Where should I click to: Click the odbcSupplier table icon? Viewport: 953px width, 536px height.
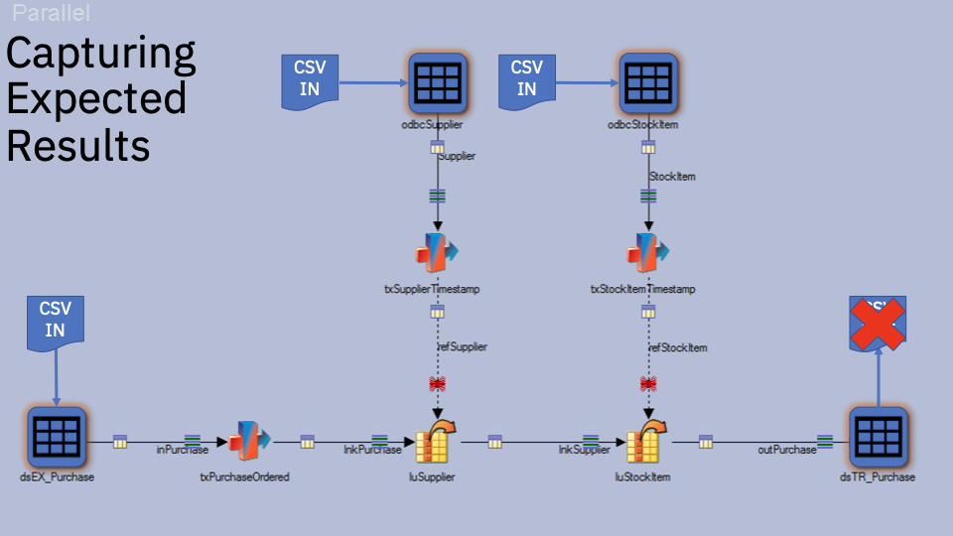click(x=438, y=82)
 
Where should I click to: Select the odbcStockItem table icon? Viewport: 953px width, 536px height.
click(x=648, y=82)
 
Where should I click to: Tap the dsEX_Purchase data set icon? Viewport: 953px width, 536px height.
click(x=56, y=437)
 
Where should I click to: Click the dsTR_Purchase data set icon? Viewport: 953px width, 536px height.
click(x=879, y=437)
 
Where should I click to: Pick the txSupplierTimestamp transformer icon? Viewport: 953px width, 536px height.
click(x=437, y=253)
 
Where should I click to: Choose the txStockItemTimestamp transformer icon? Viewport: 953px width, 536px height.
click(x=647, y=253)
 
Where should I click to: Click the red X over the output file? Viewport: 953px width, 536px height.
click(x=879, y=325)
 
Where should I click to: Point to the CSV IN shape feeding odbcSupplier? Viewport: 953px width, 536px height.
click(x=310, y=78)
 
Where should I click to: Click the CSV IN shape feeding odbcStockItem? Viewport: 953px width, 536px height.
click(x=527, y=78)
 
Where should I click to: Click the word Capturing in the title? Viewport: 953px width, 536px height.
click(x=101, y=53)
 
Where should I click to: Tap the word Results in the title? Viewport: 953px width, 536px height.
click(x=78, y=145)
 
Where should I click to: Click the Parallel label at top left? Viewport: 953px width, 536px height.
click(x=51, y=14)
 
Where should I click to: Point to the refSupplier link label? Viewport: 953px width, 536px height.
click(x=463, y=347)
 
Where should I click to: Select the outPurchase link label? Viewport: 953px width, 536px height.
click(x=787, y=450)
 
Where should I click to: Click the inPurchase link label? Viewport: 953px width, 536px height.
click(x=183, y=450)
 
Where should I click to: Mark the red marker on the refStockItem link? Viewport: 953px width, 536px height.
click(x=648, y=383)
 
